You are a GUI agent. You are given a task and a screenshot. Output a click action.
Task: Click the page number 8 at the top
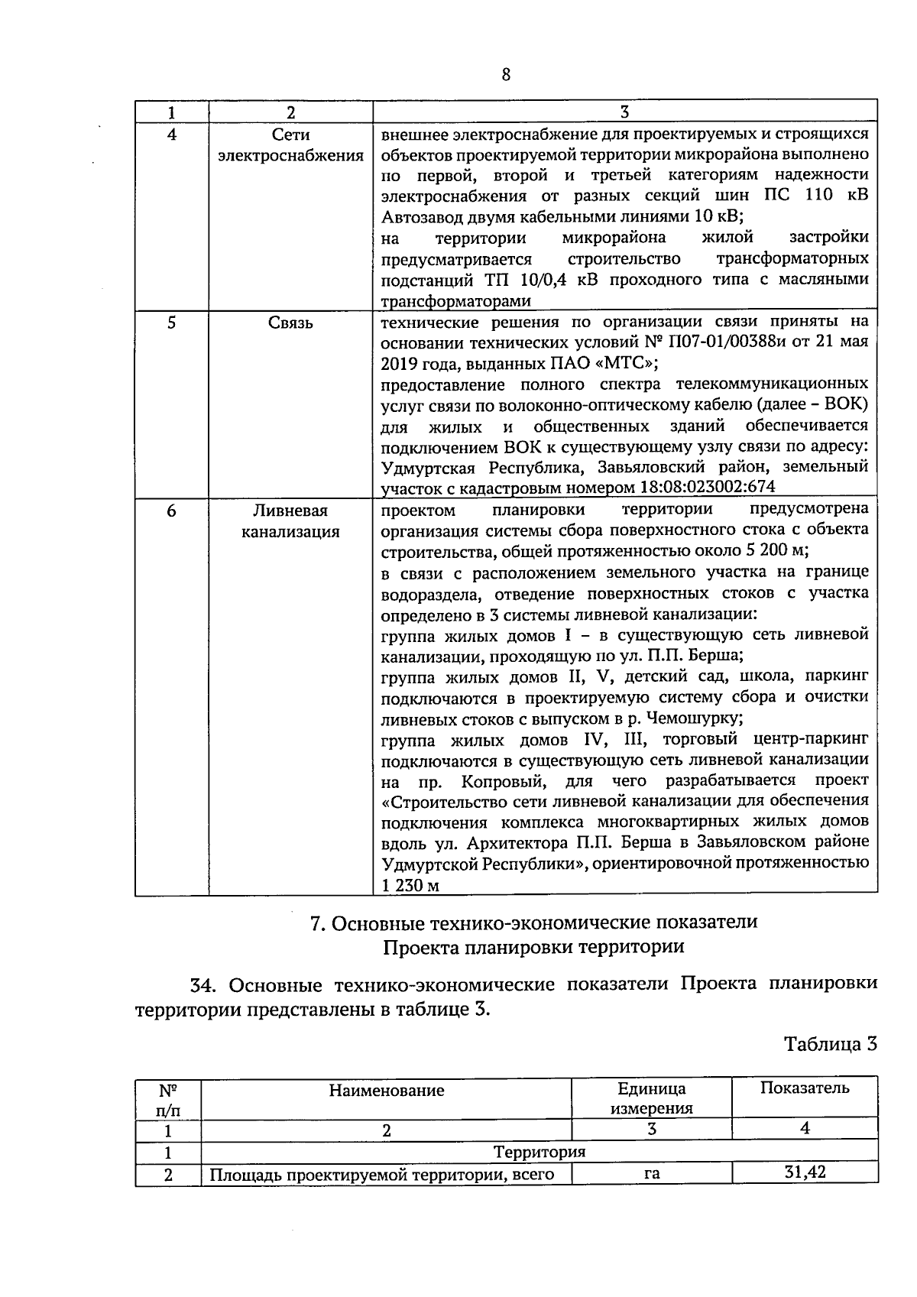point(505,74)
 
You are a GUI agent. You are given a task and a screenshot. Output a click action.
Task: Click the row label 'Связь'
point(290,323)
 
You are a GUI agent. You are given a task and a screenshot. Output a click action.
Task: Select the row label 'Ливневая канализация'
point(290,521)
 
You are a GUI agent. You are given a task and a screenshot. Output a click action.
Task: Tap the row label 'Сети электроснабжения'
point(290,145)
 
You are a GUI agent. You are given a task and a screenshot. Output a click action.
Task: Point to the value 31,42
point(805,1172)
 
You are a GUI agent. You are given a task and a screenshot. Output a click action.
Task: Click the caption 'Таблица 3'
point(830,1044)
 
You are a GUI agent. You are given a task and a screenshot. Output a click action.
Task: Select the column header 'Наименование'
point(386,1091)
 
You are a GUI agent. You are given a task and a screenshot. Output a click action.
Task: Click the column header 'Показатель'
point(804,1088)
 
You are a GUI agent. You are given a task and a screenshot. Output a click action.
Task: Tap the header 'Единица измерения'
point(651,1098)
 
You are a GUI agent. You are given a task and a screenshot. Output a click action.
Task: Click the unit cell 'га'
point(651,1174)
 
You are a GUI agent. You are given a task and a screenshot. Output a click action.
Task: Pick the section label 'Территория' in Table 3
point(539,1152)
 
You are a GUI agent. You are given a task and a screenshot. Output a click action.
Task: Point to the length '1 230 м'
point(410,886)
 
